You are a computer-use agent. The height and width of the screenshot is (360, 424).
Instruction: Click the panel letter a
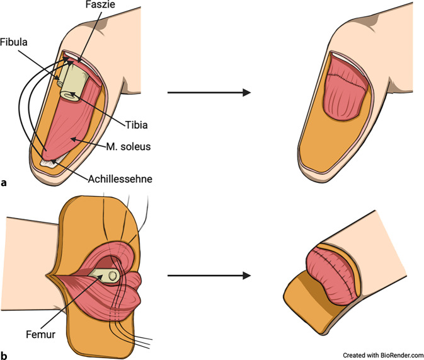[x=4, y=183]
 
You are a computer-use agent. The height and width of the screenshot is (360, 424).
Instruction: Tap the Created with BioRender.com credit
[x=383, y=354]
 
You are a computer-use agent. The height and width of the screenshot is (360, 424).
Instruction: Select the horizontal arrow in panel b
[x=209, y=276]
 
